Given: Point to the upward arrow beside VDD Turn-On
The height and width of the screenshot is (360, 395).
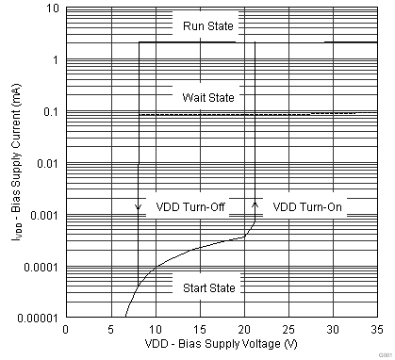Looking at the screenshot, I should pos(255,204).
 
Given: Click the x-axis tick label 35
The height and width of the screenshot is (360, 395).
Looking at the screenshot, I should pos(376,330).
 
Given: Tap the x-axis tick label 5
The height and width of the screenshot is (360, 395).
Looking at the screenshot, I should pos(109,330).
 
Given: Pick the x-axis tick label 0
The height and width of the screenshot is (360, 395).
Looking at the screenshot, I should pos(65,330).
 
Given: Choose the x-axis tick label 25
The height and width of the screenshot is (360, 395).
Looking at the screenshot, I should pos(288,330).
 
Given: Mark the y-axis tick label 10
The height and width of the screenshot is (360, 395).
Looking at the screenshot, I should pos(54,9).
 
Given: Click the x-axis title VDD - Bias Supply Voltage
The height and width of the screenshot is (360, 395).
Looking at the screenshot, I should pos(221,346).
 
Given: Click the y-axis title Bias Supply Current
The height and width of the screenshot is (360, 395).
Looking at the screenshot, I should pos(11,164).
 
